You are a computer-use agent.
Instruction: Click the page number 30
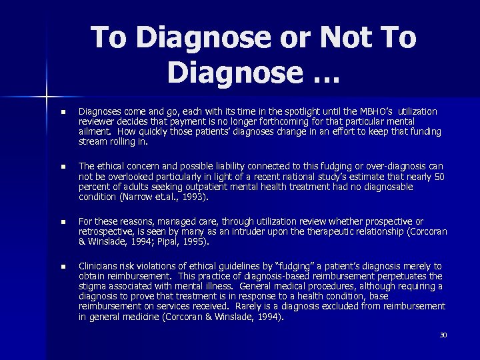(443, 335)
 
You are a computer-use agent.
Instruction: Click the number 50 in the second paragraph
(439, 177)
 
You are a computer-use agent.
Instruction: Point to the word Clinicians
(99, 266)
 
